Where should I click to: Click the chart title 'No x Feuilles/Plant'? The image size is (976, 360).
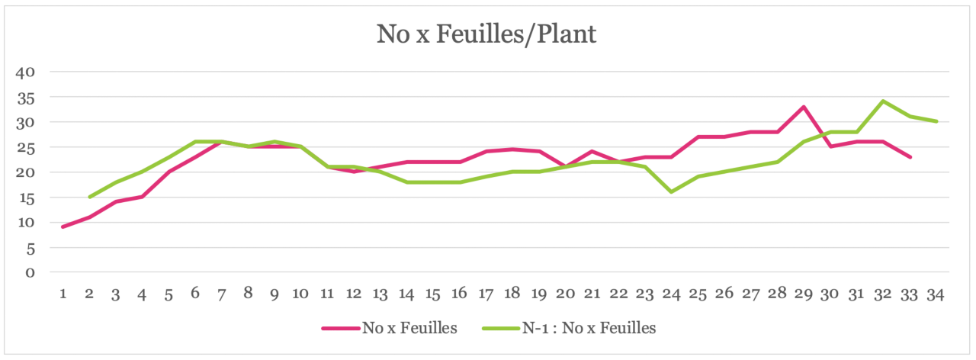point(486,34)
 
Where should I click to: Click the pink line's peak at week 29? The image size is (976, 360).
point(804,107)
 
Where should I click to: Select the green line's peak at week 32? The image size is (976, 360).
point(883,101)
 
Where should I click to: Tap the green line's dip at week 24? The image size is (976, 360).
point(671,191)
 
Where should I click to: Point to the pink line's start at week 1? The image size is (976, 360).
point(63,227)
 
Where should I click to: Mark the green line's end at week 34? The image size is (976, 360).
point(936,121)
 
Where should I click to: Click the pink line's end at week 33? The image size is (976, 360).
point(910,156)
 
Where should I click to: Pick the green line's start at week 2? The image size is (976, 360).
point(89,197)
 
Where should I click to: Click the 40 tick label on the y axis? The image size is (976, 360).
point(26,72)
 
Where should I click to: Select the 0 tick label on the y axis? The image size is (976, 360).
point(30,272)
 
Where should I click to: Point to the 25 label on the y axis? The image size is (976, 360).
point(26,147)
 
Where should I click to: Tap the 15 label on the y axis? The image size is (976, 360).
point(26,198)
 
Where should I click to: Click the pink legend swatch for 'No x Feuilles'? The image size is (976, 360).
point(340,328)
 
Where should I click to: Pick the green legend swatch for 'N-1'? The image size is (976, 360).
point(501,328)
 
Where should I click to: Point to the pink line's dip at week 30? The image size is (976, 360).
point(830,146)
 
